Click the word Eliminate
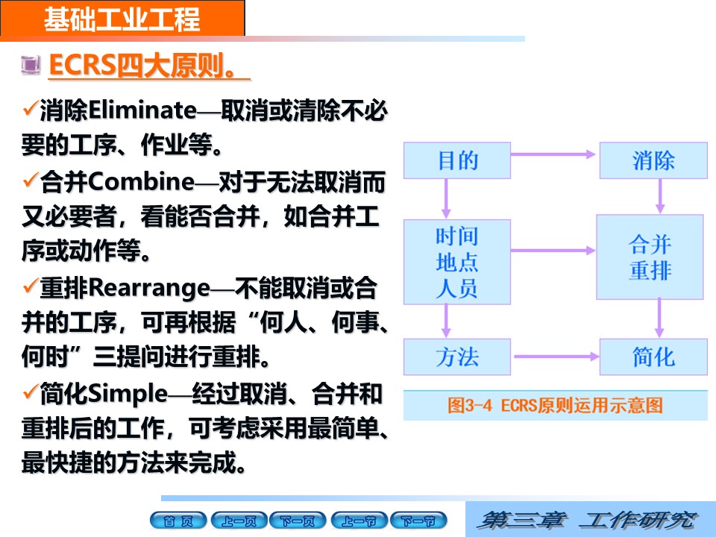click(x=142, y=110)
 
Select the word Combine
click(x=142, y=182)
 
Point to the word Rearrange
click(x=149, y=289)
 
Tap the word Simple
click(x=128, y=395)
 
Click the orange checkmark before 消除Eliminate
click(x=30, y=109)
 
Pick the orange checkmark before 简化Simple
click(x=30, y=392)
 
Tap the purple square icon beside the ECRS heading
click(x=31, y=64)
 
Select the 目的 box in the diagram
click(x=457, y=160)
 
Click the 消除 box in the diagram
click(x=653, y=160)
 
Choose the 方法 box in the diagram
click(x=457, y=357)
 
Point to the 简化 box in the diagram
click(x=653, y=357)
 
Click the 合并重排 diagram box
click(x=650, y=257)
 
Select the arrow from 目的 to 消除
click(x=553, y=154)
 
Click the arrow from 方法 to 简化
click(x=556, y=357)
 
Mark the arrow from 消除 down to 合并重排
click(x=660, y=196)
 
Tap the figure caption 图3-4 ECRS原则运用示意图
click(x=555, y=405)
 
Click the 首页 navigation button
click(x=178, y=521)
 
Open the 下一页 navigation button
click(x=298, y=521)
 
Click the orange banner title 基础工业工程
click(x=122, y=19)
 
